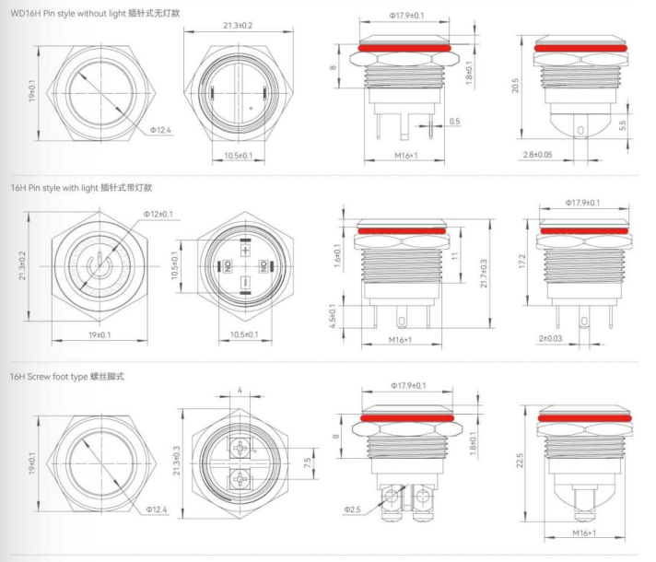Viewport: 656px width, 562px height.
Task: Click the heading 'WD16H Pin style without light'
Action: tap(68, 14)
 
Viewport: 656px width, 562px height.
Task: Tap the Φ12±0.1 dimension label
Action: tap(158, 215)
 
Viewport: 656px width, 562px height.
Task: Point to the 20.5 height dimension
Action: tap(515, 86)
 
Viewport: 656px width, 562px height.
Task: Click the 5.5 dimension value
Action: tap(623, 125)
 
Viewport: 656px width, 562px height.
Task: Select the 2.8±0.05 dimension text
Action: tap(537, 155)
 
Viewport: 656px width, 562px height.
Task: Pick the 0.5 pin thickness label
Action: tap(454, 122)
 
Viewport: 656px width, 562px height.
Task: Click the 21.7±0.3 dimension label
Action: tap(484, 274)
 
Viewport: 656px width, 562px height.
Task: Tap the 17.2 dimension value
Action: tap(521, 262)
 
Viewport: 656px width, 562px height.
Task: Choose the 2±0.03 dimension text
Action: tap(550, 338)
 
